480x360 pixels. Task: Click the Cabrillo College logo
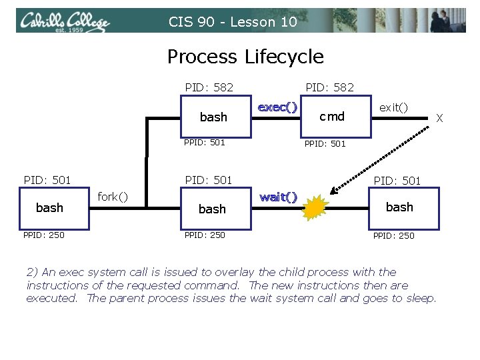(x=65, y=22)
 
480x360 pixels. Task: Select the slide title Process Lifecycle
(x=245, y=57)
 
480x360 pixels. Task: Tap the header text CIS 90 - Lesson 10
(x=233, y=22)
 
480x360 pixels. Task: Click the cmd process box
(x=331, y=117)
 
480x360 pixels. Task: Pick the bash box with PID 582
(x=213, y=117)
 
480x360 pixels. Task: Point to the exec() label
(x=277, y=107)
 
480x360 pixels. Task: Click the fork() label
(x=113, y=197)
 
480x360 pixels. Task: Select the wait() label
(x=278, y=197)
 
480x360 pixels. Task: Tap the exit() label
(x=393, y=107)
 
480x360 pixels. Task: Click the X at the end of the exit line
(x=439, y=118)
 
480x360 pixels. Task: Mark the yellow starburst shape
(x=317, y=209)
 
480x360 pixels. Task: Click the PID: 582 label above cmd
(x=329, y=87)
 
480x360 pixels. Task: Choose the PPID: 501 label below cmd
(x=325, y=143)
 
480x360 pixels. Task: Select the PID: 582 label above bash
(x=209, y=87)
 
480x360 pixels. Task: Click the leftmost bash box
(x=50, y=208)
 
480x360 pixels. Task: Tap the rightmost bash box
(x=399, y=207)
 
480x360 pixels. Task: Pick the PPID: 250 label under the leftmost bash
(x=44, y=235)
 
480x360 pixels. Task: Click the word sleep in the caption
(x=420, y=298)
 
